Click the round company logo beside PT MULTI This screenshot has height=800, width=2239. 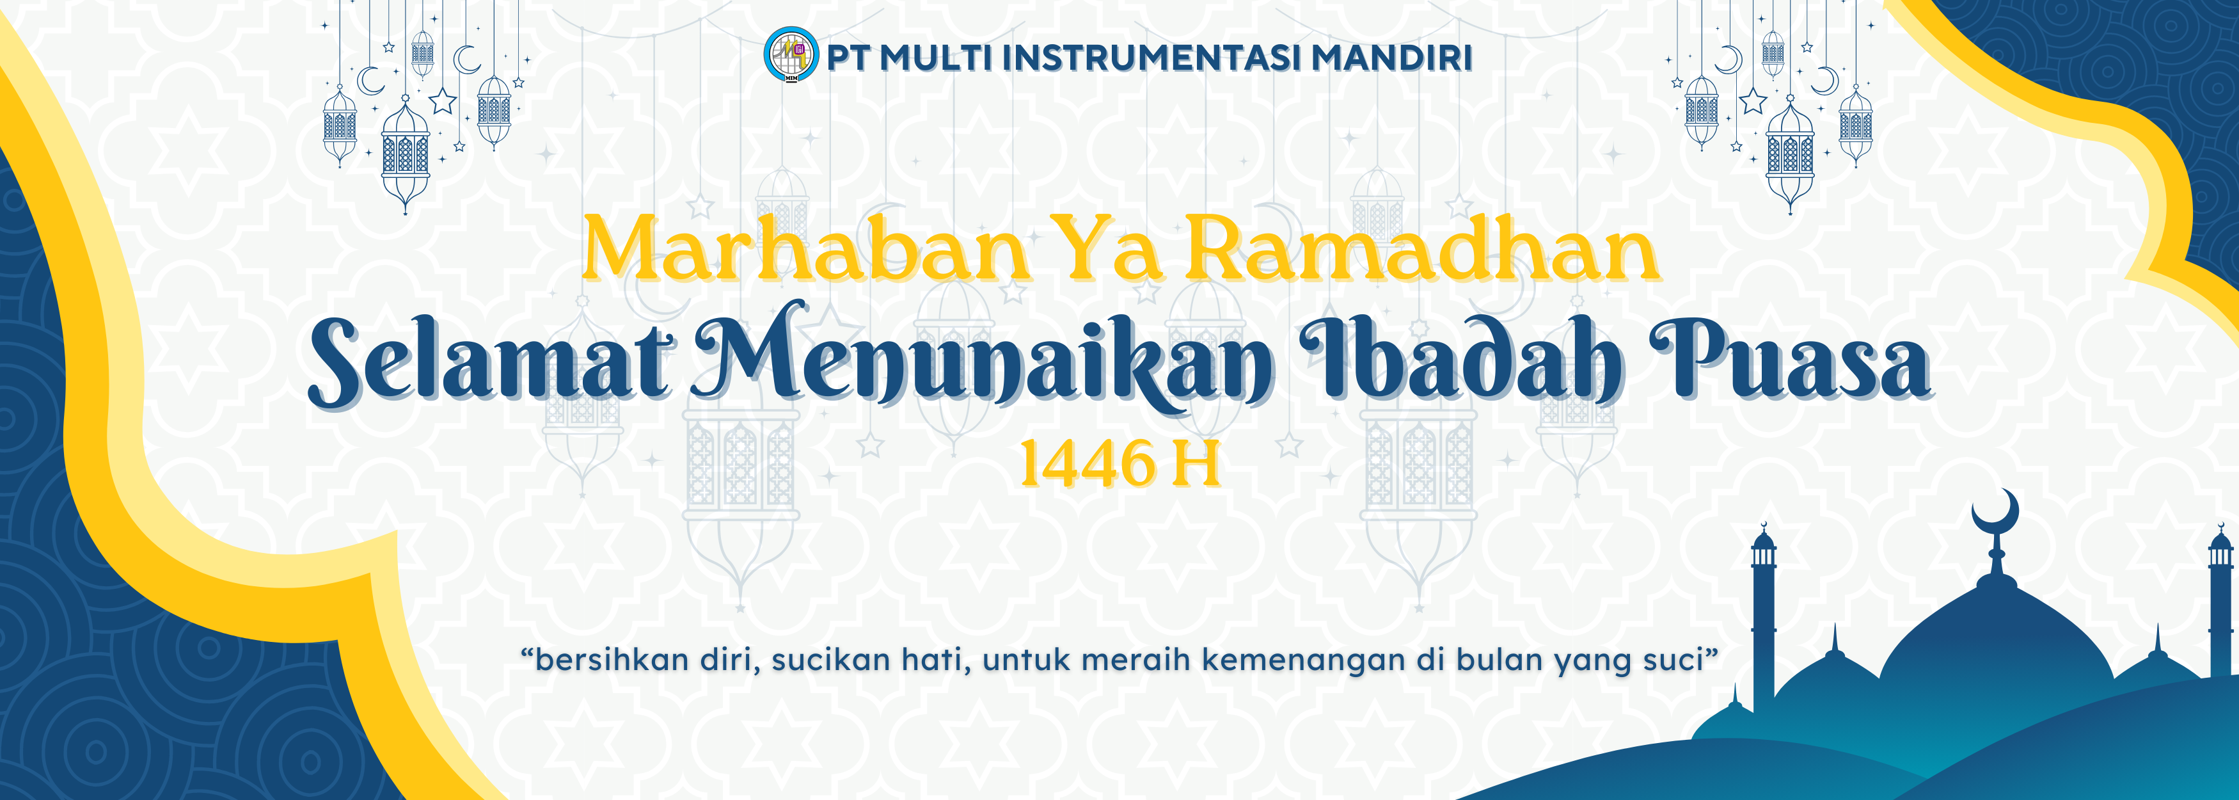(x=791, y=55)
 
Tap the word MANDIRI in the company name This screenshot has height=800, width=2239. (x=1391, y=58)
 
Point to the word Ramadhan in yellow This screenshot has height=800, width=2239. (x=1423, y=248)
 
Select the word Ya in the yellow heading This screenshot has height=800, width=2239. (x=1112, y=248)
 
